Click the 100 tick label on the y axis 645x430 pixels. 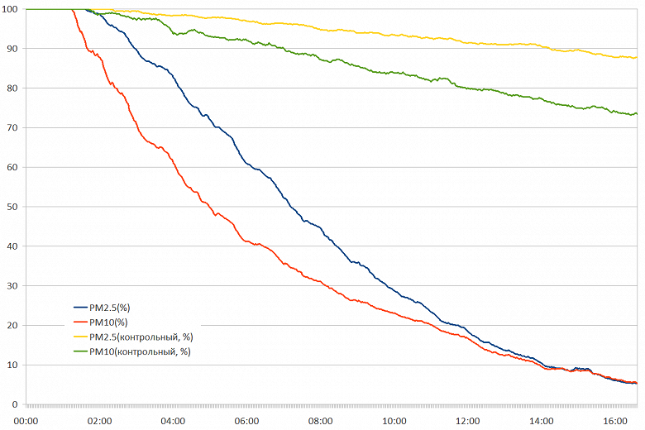(10, 8)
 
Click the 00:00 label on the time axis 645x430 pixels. (26, 420)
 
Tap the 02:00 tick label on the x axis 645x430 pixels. (99, 420)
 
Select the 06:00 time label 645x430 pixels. (246, 420)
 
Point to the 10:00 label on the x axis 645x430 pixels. (394, 420)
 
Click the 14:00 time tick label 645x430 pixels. (541, 420)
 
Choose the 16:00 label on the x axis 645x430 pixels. (614, 420)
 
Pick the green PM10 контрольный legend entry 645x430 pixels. (139, 351)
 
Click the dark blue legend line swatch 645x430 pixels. (81, 307)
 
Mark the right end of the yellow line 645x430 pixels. (636, 57)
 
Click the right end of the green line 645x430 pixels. (636, 114)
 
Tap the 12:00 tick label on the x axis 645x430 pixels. (467, 420)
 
